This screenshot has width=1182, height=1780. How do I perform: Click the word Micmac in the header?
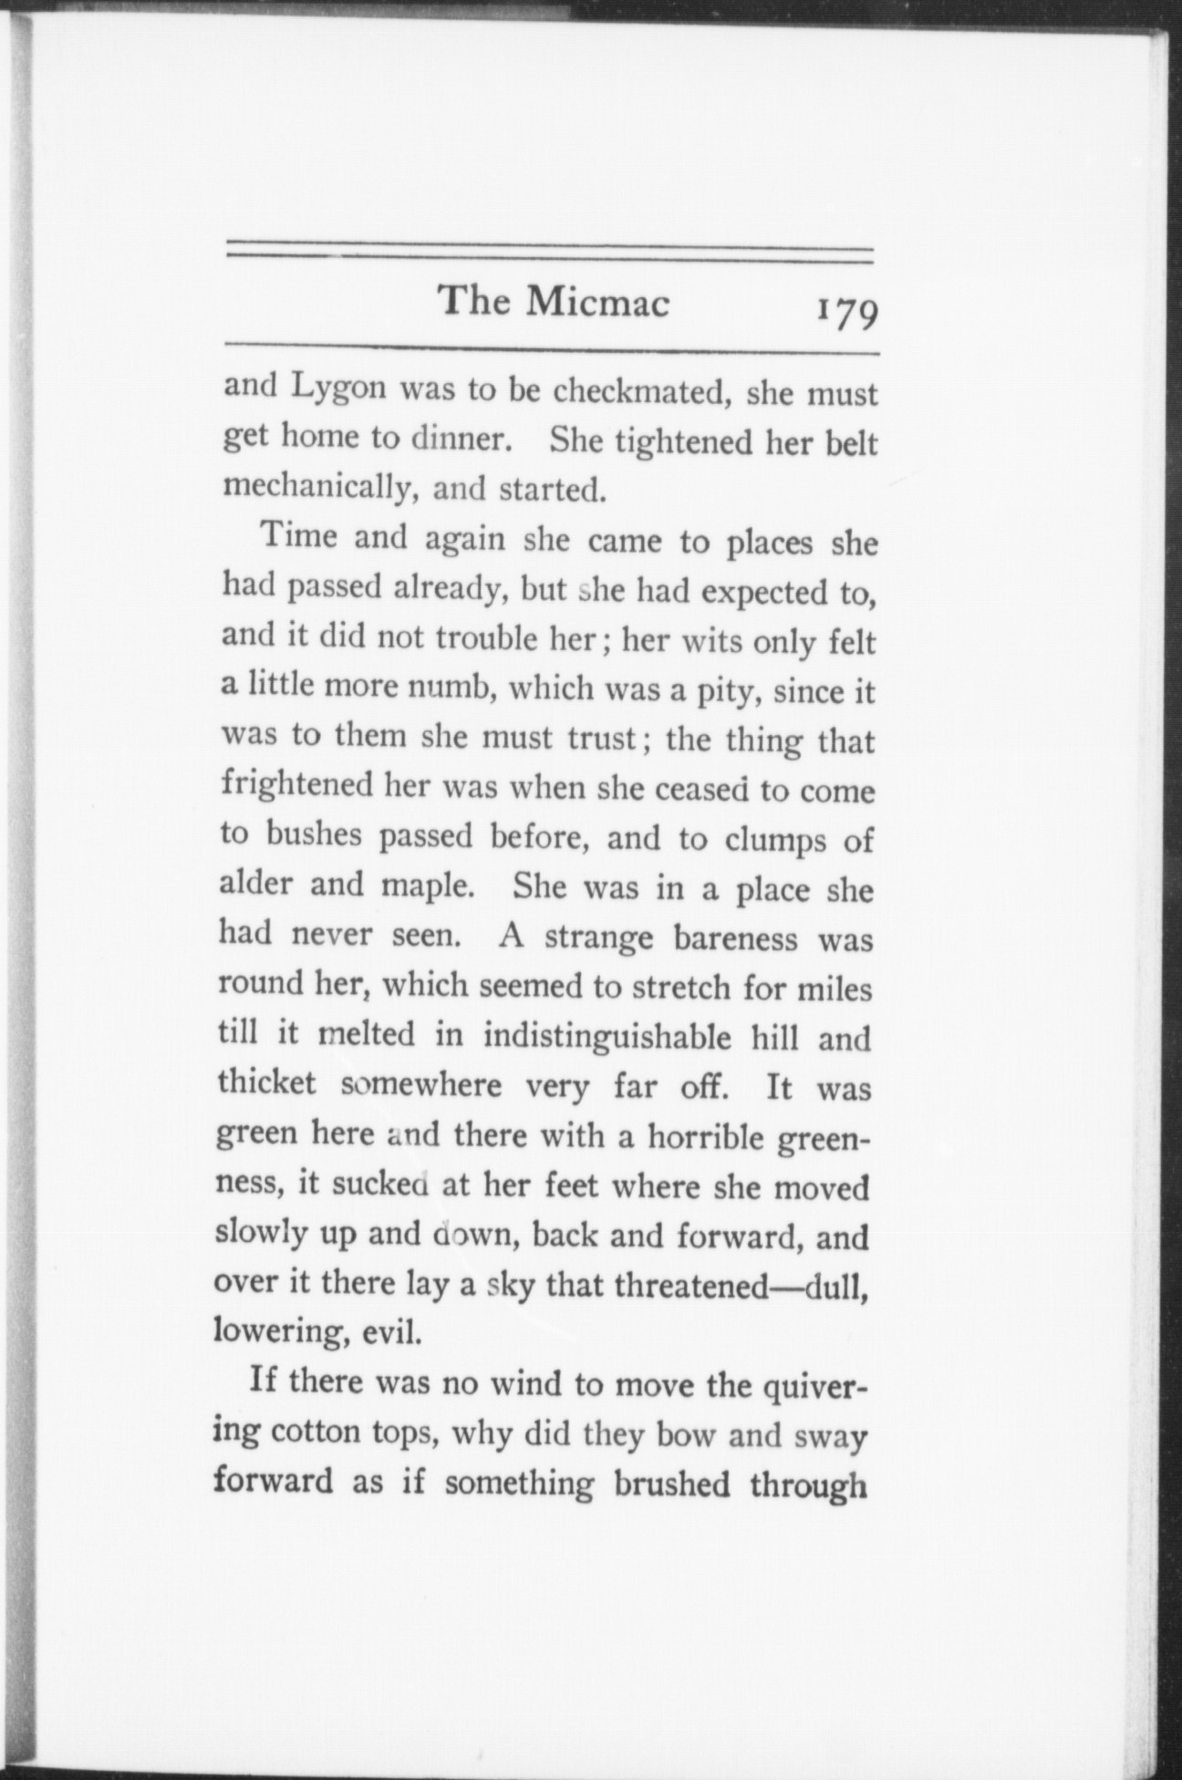(x=597, y=302)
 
